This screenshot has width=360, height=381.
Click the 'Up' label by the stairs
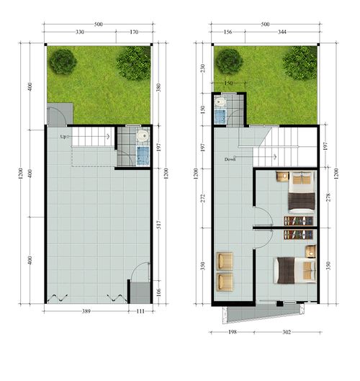63,136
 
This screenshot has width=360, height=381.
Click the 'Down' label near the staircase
230,159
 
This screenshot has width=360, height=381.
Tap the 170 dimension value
135,32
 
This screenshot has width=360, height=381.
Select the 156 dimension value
228,32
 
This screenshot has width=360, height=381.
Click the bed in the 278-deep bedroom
301,196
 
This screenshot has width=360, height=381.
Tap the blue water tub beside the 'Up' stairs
142,155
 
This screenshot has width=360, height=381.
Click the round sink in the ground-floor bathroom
143,135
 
